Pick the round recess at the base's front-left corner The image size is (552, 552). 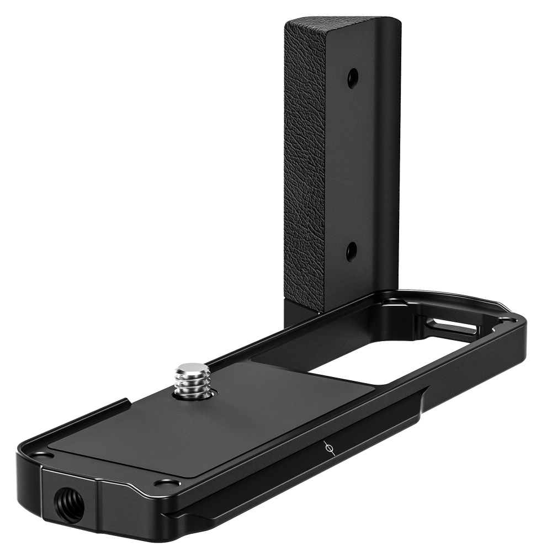point(40,454)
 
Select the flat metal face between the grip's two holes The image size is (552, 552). point(351,166)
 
